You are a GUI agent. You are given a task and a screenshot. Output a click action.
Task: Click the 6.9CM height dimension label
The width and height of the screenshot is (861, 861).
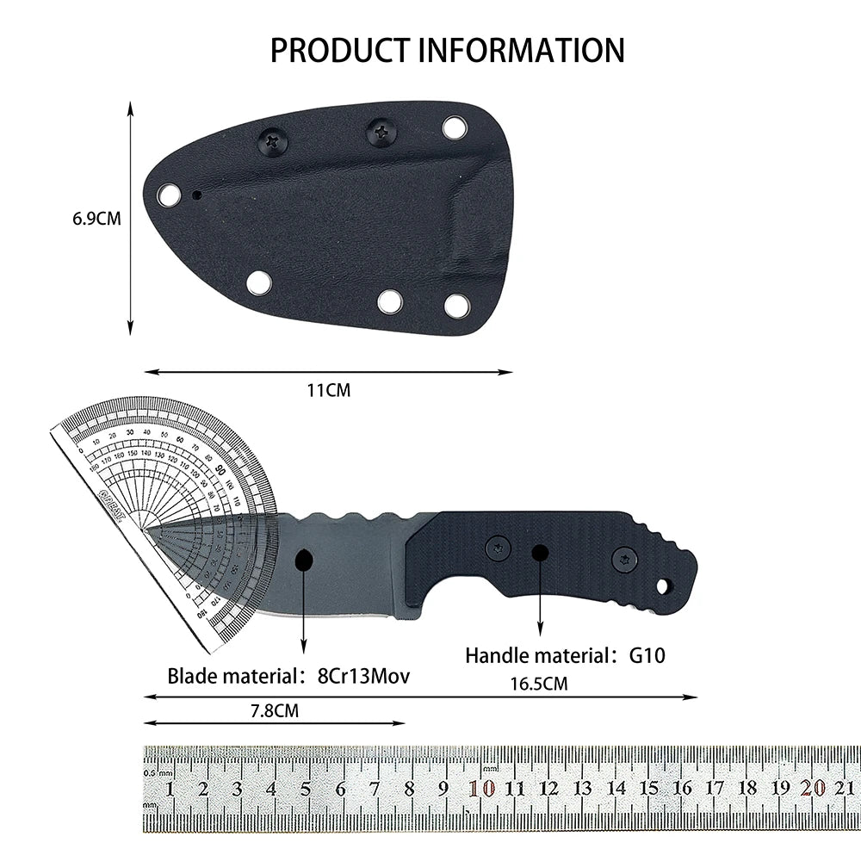pos(96,219)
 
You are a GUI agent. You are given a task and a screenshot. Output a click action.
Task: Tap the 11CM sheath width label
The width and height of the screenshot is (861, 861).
pos(329,390)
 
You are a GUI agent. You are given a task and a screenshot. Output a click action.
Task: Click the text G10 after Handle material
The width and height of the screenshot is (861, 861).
pos(647,656)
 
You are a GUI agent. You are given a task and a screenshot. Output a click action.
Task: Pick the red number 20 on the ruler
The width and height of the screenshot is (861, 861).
pos(812,788)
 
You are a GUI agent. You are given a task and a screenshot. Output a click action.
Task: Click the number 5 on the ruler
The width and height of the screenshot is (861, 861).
pos(306,788)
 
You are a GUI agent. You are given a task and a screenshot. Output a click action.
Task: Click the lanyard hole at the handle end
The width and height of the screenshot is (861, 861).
pos(662,586)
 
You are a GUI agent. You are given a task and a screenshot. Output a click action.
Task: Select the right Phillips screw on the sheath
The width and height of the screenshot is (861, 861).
pos(380,132)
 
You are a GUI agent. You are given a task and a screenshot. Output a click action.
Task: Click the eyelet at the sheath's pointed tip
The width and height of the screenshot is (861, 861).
pos(170,196)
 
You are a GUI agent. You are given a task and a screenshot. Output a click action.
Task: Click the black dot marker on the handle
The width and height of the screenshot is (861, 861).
pos(540,552)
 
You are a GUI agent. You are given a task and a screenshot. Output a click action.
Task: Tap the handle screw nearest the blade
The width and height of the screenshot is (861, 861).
pos(498,547)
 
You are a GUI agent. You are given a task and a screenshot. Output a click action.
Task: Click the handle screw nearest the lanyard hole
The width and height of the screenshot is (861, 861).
pos(625,560)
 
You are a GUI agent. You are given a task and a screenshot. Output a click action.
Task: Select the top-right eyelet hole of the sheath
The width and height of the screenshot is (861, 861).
pos(454,128)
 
